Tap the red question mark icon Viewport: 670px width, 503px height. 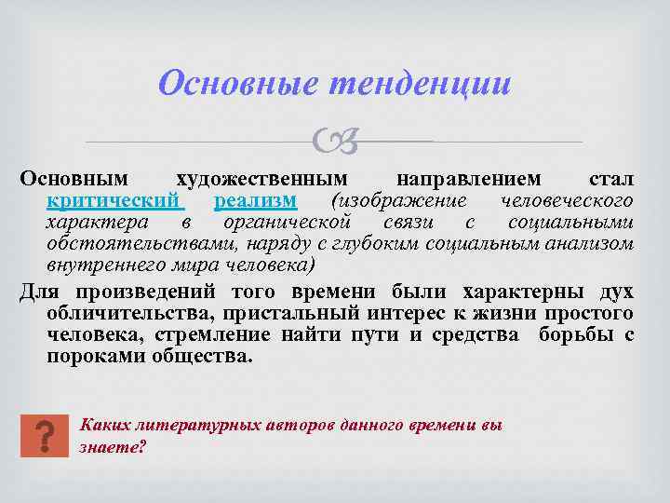tap(44, 434)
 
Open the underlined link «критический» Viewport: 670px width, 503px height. tap(115, 200)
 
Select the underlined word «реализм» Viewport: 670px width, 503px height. tap(255, 200)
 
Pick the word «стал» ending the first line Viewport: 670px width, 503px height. tap(610, 178)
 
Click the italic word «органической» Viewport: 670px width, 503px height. tap(286, 222)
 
